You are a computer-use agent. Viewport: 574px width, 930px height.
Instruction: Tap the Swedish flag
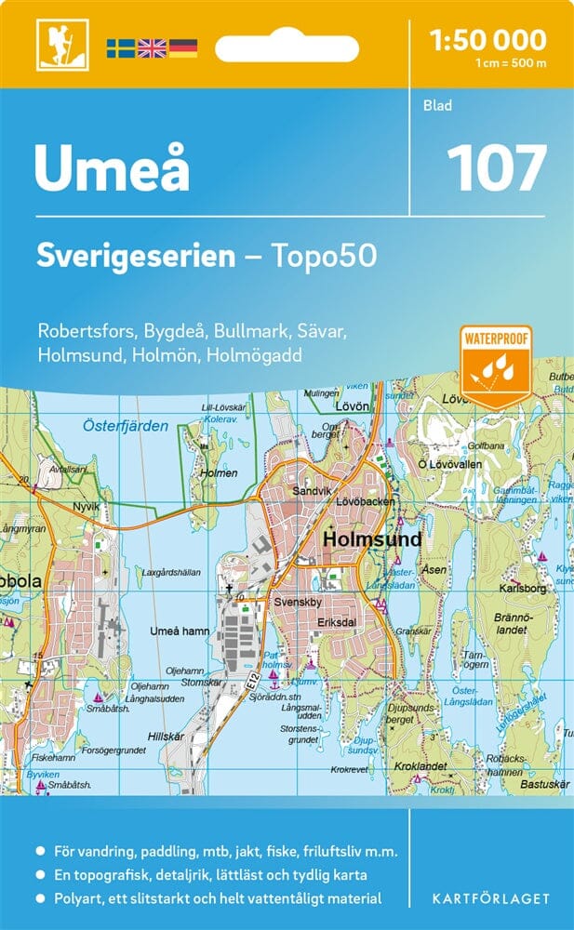click(120, 47)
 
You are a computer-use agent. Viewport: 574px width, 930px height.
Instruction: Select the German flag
click(183, 47)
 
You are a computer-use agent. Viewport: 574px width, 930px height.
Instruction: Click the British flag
click(152, 47)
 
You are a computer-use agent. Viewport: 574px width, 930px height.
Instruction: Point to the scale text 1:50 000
click(487, 40)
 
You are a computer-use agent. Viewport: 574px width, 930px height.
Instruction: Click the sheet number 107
click(496, 169)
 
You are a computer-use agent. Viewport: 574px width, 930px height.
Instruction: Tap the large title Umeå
click(112, 168)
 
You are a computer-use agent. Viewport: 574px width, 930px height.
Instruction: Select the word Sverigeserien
click(136, 257)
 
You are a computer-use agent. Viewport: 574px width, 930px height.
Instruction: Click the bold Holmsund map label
click(372, 539)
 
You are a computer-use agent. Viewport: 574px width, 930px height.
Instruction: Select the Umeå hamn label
click(180, 631)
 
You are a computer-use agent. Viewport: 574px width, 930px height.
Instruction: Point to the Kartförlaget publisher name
click(489, 899)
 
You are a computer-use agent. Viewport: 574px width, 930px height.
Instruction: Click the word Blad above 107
click(436, 106)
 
